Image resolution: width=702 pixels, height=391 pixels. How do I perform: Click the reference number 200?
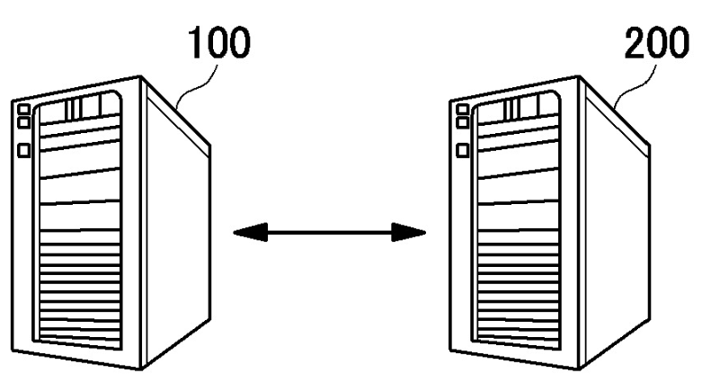tap(653, 46)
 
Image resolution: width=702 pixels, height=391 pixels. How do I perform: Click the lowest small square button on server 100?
tap(23, 149)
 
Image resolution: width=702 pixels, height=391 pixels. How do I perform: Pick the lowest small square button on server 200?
tap(463, 150)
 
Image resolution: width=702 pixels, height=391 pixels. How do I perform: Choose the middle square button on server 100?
tap(23, 123)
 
